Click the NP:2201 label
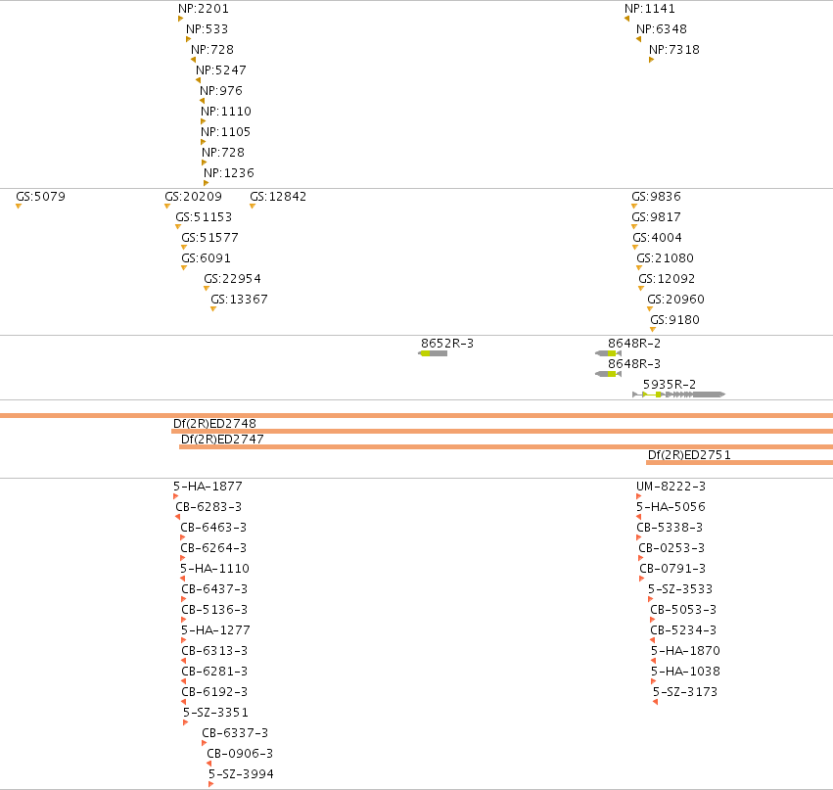coord(204,9)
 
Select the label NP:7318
coord(674,49)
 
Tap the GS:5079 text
coord(40,197)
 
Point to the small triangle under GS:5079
coord(19,207)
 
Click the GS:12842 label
coord(278,197)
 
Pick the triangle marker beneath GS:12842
coord(253,207)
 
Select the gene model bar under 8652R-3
coord(433,353)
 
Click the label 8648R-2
coord(634,344)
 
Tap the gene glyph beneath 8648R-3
coord(608,374)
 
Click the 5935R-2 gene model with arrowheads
coord(679,395)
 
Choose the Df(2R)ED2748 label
coord(214,424)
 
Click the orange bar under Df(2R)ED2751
coord(739,463)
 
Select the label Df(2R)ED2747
coord(222,440)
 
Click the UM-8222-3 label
coord(671,487)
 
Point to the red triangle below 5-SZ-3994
coord(210,784)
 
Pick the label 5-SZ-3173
coord(685,692)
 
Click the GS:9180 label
coord(674,320)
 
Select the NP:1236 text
coord(229,173)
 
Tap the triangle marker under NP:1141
coord(626,19)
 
